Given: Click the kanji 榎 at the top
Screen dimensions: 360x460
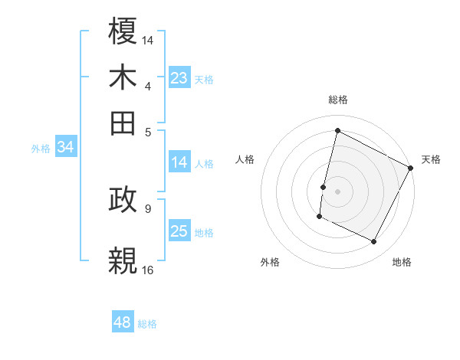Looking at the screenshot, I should pyautogui.click(x=123, y=32).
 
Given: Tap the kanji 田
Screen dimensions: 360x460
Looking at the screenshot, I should pyautogui.click(x=123, y=121).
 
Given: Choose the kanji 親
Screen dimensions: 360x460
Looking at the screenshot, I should pyautogui.click(x=123, y=258).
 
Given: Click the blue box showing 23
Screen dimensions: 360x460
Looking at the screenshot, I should pyautogui.click(x=179, y=78).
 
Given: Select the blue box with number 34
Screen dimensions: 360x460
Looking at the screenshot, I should pyautogui.click(x=65, y=148).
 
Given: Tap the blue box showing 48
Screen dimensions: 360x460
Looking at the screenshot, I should pyautogui.click(x=123, y=322).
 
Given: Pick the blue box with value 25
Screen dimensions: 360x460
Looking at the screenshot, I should pyautogui.click(x=179, y=231).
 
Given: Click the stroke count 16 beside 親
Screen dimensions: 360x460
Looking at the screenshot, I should pyautogui.click(x=148, y=270).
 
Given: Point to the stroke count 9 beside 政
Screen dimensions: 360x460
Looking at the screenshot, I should pyautogui.click(x=148, y=208).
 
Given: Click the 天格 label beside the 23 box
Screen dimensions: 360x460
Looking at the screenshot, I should pyautogui.click(x=204, y=79).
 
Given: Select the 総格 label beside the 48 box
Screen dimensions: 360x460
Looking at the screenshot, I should pyautogui.click(x=147, y=324).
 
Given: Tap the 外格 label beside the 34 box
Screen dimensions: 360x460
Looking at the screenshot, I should pyautogui.click(x=41, y=149).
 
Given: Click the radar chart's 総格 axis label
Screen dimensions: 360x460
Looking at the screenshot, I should pyautogui.click(x=337, y=100).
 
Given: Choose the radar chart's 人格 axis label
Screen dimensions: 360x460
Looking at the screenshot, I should pyautogui.click(x=245, y=159).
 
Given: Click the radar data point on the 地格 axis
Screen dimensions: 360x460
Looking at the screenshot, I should pyautogui.click(x=373, y=242).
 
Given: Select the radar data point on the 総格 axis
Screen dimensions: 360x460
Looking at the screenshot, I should pyautogui.click(x=337, y=130).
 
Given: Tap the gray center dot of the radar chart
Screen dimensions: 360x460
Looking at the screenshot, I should pyautogui.click(x=337, y=190).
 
